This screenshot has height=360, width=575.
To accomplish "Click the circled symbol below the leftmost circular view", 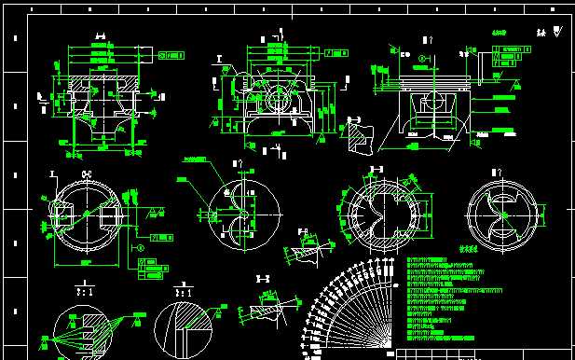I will tap(141, 248).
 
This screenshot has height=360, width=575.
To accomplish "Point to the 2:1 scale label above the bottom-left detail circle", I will tap(83, 291).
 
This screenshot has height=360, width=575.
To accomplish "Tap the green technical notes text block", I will tap(447, 298).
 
